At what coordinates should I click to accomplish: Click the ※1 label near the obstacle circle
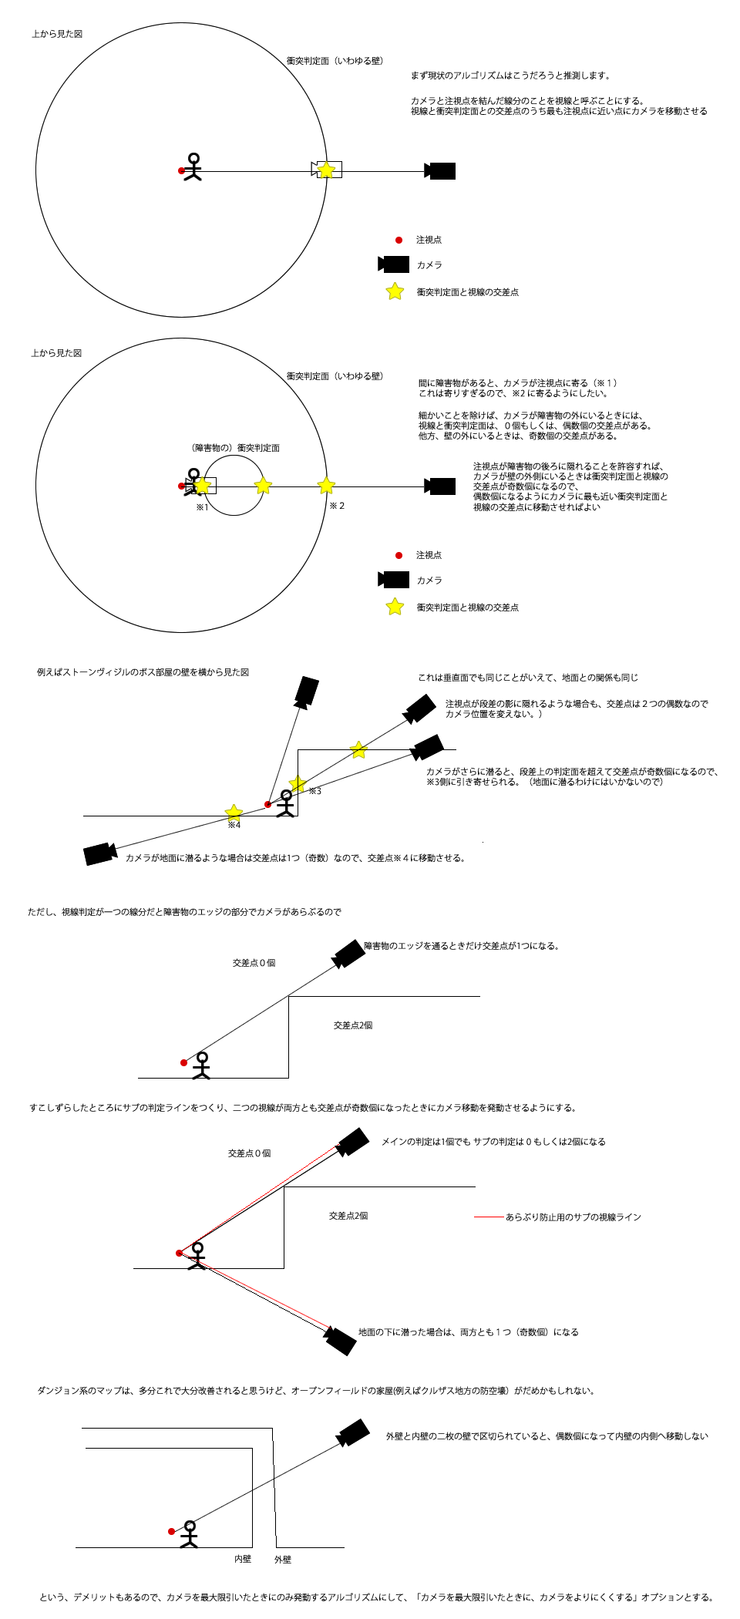click(202, 507)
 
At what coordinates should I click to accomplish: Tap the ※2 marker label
click(337, 506)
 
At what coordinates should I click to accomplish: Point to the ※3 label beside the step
click(315, 791)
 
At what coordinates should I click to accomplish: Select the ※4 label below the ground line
click(234, 825)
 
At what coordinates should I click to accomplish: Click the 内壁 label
click(243, 1559)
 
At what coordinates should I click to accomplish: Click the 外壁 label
click(283, 1560)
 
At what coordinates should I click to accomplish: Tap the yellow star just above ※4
click(234, 812)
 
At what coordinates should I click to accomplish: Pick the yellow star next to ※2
click(326, 485)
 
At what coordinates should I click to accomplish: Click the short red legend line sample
click(488, 1217)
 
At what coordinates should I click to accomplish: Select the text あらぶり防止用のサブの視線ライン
click(573, 1217)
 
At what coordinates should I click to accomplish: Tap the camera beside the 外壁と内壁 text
click(355, 1433)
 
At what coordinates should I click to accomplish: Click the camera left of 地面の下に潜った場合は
click(340, 1340)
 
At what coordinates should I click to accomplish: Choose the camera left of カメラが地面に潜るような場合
click(99, 853)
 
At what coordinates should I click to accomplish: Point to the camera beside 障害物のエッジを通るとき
click(349, 954)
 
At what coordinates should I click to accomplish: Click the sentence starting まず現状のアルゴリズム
click(510, 76)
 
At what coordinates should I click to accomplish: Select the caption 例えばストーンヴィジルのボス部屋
click(143, 672)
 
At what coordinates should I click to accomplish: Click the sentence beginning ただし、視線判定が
click(184, 912)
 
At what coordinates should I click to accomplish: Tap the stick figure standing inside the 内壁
click(190, 1533)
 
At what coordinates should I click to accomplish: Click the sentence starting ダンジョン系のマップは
click(316, 1391)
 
